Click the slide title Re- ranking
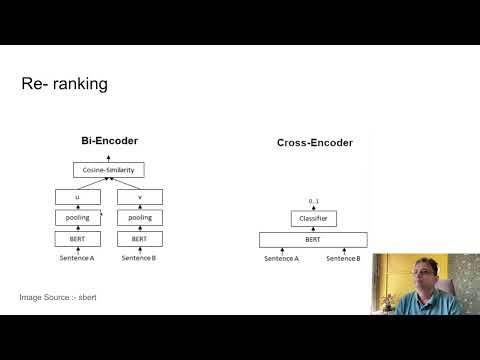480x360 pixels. (64, 85)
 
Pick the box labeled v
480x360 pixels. (140, 196)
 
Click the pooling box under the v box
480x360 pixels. (140, 217)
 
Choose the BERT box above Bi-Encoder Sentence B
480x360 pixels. (140, 239)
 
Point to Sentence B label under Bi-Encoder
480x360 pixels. (140, 258)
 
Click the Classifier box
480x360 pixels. (312, 218)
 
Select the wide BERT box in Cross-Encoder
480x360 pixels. (312, 239)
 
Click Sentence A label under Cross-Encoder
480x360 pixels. (281, 258)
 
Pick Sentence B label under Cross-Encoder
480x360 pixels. (343, 258)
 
